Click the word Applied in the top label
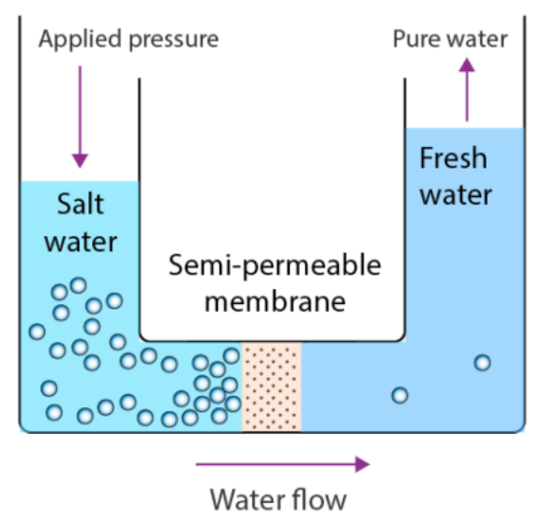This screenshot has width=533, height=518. [80, 40]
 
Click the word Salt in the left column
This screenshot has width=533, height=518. [80, 204]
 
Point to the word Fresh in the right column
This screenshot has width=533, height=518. [453, 158]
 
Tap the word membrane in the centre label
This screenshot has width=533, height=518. [275, 302]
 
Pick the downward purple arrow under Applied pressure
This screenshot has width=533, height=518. [80, 117]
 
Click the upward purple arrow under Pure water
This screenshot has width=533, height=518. [467, 90]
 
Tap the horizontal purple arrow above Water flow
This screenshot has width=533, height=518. [283, 464]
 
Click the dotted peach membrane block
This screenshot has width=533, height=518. [272, 386]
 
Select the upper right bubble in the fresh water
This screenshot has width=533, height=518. [483, 363]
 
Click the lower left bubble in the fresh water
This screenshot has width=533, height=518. [400, 396]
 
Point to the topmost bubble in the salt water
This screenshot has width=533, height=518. [79, 285]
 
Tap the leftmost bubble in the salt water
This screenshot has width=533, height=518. [37, 331]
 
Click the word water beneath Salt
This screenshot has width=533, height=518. [80, 242]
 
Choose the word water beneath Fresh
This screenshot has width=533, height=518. [456, 195]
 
